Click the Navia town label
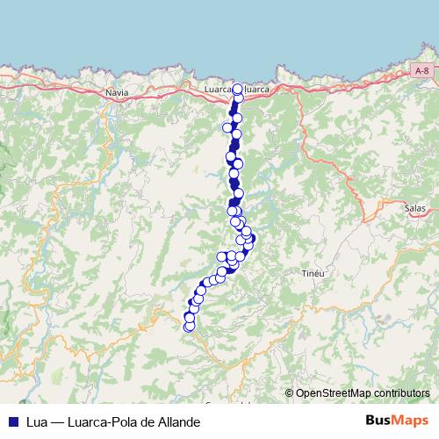(x=115, y=91)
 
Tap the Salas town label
(x=414, y=208)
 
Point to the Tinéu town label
(x=313, y=274)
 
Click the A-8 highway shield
(x=421, y=71)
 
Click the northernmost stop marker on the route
(x=237, y=89)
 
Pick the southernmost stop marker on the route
(x=188, y=327)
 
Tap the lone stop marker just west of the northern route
(x=227, y=128)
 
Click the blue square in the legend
(x=13, y=422)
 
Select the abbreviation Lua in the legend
(x=36, y=422)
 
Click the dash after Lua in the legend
(x=56, y=422)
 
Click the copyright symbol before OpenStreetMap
(x=289, y=394)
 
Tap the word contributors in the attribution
(x=400, y=394)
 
